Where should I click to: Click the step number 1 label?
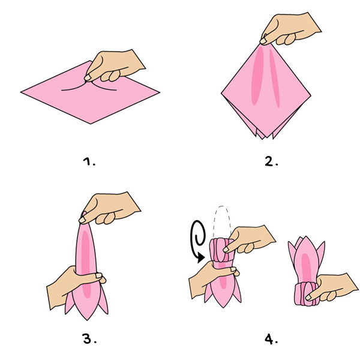click(89, 161)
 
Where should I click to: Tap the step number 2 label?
click(271, 161)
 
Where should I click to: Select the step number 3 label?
click(89, 338)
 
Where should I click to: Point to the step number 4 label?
click(271, 339)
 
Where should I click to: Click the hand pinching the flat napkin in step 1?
click(115, 65)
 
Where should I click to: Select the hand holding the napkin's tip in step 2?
click(290, 29)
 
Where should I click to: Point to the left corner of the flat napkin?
click(21, 92)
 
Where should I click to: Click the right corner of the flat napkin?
click(160, 92)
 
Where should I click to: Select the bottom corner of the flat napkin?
click(91, 124)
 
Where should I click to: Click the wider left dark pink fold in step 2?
click(257, 76)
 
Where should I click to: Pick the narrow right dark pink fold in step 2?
click(275, 78)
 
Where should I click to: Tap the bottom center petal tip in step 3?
click(87, 320)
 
